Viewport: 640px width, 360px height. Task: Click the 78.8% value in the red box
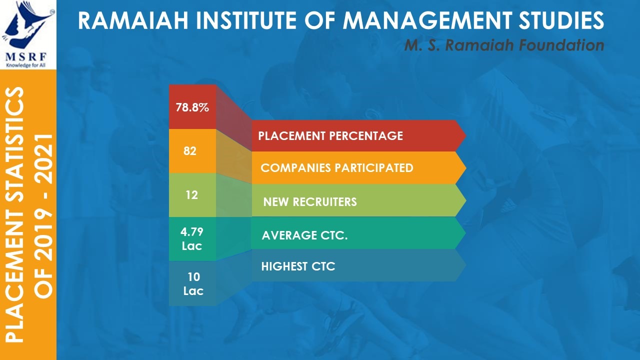coord(192,107)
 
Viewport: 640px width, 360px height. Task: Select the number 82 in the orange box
coord(190,151)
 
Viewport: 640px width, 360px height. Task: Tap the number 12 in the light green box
coord(191,195)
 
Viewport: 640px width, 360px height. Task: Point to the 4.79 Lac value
coord(192,239)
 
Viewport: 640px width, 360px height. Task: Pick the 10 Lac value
coord(193,284)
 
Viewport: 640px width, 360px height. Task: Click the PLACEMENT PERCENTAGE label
coord(330,136)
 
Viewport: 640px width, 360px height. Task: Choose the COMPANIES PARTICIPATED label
coord(337,167)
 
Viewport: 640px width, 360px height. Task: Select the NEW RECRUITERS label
coord(310,201)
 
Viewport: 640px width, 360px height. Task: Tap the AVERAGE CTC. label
coord(304,235)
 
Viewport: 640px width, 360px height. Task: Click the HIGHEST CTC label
coord(298,266)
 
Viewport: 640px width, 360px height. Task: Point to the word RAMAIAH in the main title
coord(133,20)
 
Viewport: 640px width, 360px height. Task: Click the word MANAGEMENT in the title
coord(427,20)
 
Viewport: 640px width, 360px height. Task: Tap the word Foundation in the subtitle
coord(561,45)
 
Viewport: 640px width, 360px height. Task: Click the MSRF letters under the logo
coord(26,57)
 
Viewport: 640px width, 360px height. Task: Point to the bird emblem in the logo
coord(27,25)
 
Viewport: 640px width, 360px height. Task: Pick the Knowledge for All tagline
coord(25,65)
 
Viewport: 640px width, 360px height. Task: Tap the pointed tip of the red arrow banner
coord(465,135)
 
